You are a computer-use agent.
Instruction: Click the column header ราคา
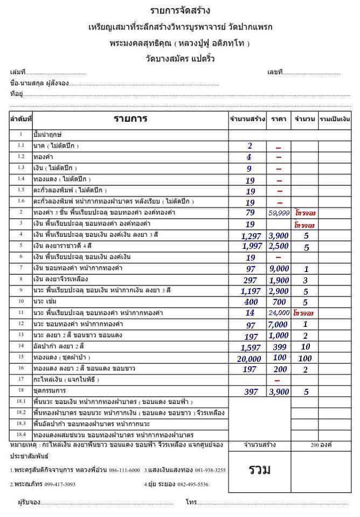279,118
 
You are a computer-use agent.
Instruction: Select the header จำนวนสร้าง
247,118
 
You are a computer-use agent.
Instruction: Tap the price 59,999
279,213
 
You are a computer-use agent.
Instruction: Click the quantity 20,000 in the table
248,359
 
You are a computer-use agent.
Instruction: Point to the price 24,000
279,313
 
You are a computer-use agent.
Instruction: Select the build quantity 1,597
249,347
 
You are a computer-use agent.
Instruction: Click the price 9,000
279,268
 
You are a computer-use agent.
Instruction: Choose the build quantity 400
251,302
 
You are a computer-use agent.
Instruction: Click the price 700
279,302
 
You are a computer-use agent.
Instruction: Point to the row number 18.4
20,434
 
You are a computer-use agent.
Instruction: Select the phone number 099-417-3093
60,484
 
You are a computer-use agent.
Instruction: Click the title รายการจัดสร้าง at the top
179,11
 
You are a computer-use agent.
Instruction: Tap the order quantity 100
306,358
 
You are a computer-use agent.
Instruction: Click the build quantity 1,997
249,246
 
